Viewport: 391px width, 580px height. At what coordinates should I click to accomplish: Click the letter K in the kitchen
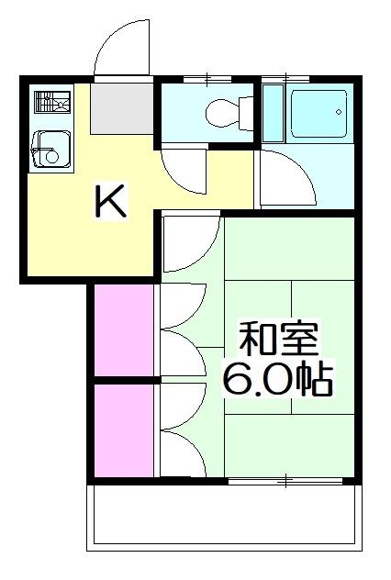110,201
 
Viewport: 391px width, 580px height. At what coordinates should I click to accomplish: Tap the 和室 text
277,340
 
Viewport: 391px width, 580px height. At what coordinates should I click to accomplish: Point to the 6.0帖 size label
275,378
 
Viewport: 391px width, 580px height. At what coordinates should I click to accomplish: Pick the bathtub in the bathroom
318,114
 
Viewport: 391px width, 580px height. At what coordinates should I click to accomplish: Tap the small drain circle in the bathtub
338,113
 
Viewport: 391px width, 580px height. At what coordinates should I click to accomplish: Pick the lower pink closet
123,429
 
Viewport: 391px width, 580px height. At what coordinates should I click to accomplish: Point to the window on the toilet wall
207,79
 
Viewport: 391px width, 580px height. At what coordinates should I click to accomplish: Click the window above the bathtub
303,79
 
